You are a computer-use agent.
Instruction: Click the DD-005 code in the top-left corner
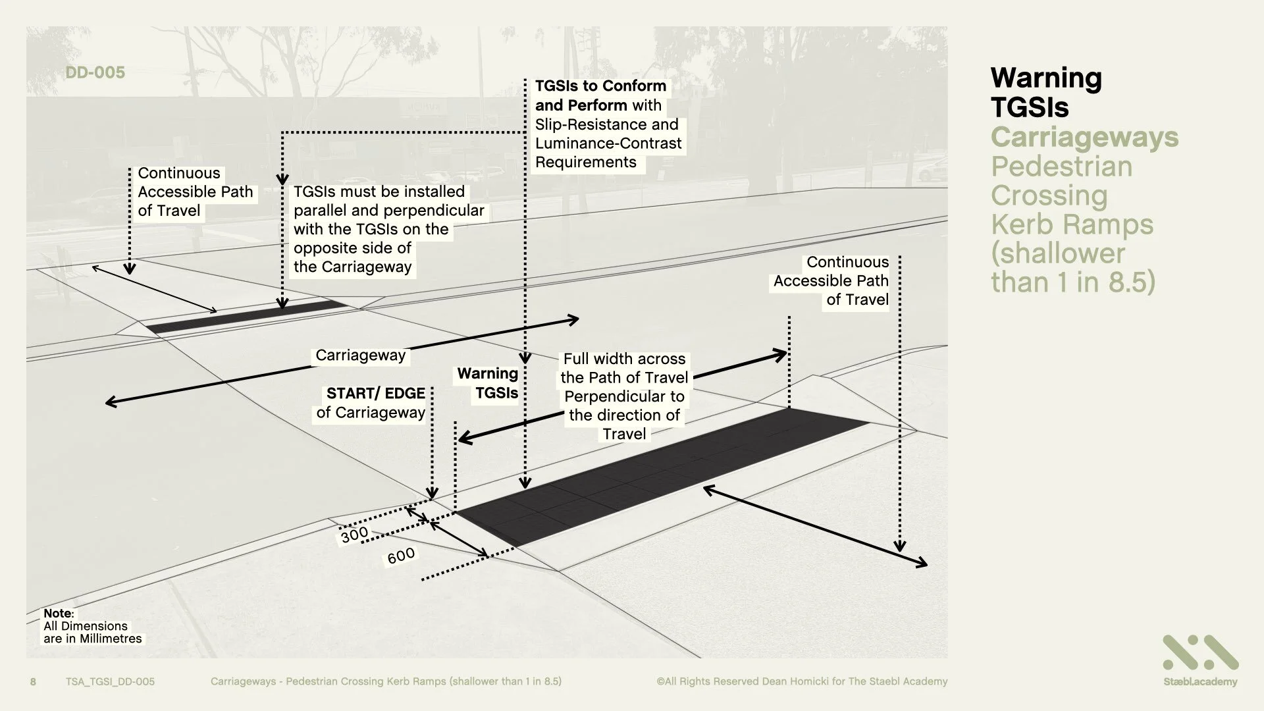95,72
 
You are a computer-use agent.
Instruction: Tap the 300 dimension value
354,535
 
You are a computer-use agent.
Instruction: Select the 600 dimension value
401,556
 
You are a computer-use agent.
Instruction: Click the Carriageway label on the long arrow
360,355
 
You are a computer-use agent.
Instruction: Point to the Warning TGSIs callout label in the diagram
488,383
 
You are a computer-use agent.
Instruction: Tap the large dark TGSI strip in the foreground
658,474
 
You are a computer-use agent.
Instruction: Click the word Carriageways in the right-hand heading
1084,137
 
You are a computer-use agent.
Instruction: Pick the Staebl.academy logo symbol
1200,653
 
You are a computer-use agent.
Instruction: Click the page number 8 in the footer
33,681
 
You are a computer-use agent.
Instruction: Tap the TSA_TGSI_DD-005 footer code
110,681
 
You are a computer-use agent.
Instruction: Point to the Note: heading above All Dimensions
59,613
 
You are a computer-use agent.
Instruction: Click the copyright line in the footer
801,681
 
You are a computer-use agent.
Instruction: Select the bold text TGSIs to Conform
600,86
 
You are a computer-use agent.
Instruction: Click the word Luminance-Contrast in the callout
608,144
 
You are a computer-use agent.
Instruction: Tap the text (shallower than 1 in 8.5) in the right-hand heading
1073,267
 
